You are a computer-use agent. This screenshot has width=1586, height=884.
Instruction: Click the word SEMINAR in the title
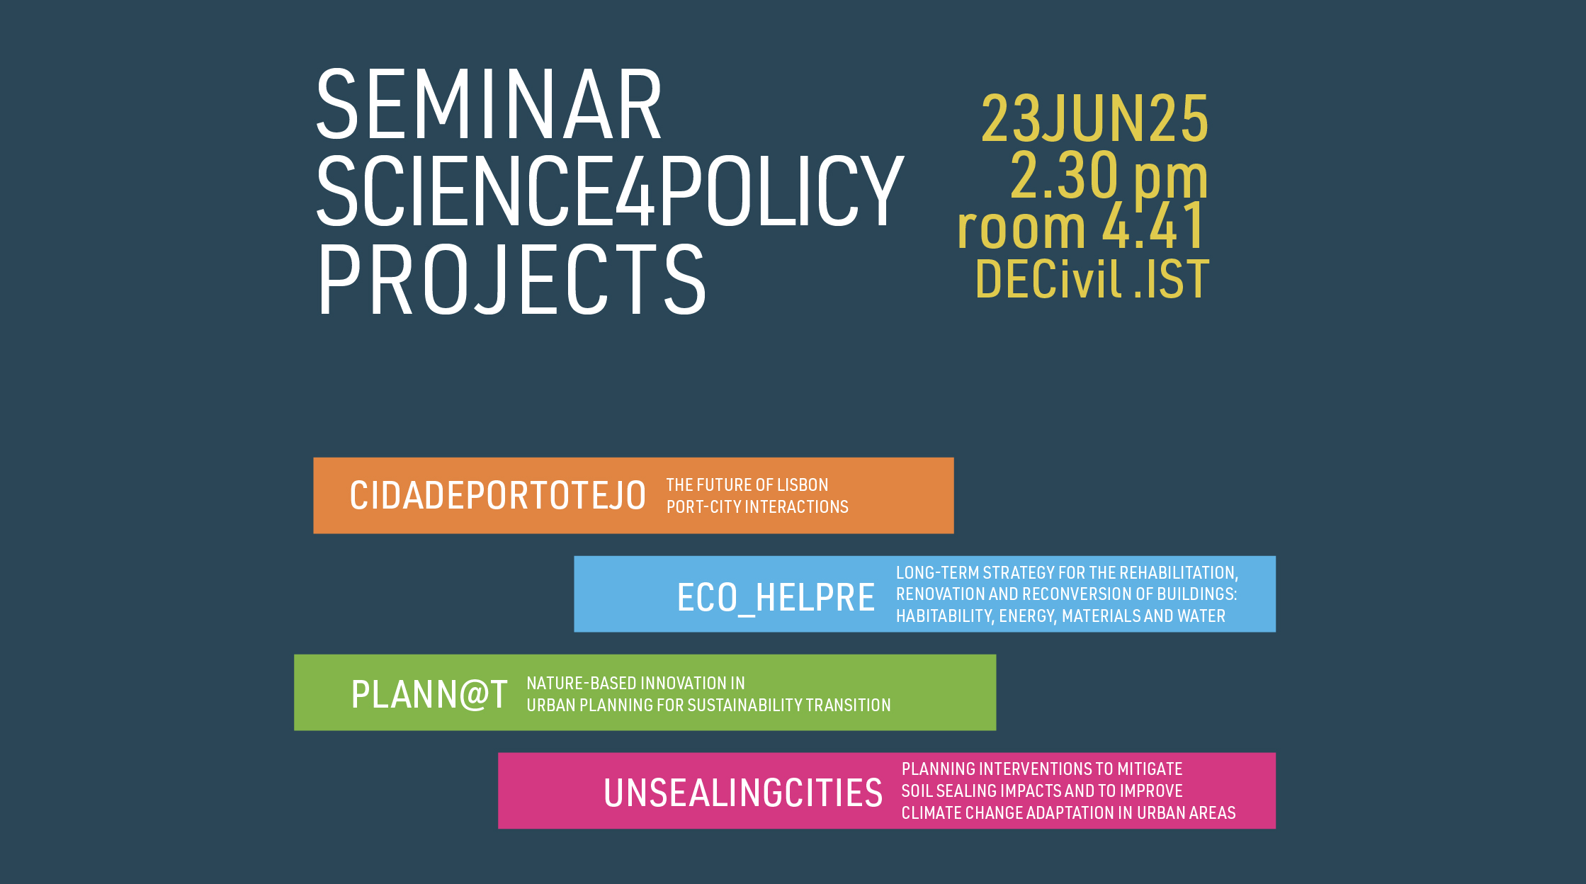(x=489, y=104)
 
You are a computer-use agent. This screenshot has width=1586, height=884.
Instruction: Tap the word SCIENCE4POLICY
(x=610, y=191)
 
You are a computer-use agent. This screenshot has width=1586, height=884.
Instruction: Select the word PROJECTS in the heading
(x=511, y=279)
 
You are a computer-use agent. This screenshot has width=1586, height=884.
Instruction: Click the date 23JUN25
(x=1094, y=118)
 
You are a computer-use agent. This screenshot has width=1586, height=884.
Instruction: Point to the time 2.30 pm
(x=1109, y=177)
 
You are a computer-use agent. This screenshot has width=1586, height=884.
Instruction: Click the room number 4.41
(x=1152, y=226)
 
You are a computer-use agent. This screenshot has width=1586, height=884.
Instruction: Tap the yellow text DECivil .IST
(x=1092, y=279)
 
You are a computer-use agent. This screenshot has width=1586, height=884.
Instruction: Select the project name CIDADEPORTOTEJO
(x=497, y=495)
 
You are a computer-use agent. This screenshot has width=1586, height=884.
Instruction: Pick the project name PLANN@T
(x=429, y=694)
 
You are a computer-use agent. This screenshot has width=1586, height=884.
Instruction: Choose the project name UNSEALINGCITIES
(x=743, y=793)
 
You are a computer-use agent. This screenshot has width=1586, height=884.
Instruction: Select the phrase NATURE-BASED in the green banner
(x=582, y=684)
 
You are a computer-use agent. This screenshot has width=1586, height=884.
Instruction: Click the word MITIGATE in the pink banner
(x=1150, y=769)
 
